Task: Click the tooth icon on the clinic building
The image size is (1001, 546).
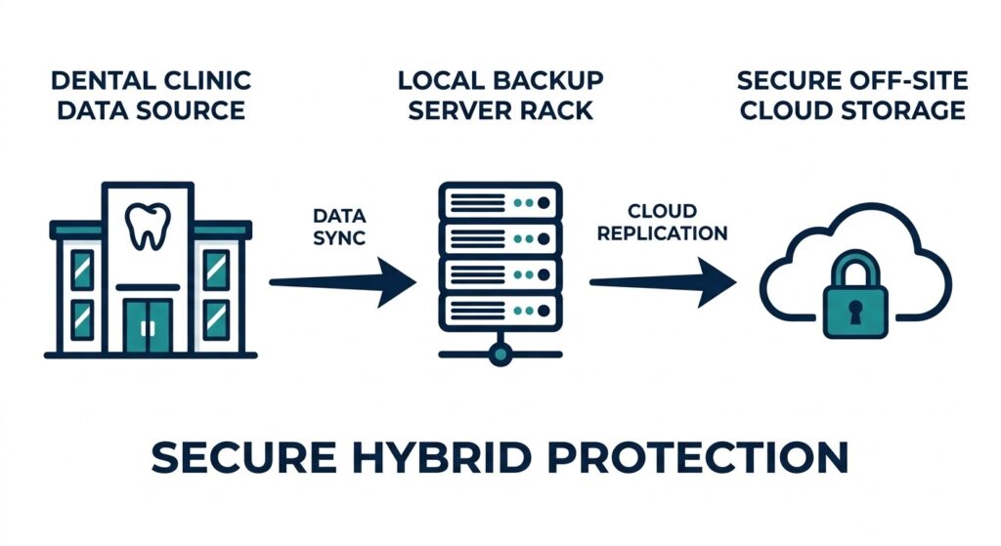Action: click(x=148, y=227)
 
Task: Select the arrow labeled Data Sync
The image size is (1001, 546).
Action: click(x=342, y=283)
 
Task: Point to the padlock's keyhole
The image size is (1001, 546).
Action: click(x=855, y=312)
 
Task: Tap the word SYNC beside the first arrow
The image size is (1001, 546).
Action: click(x=339, y=237)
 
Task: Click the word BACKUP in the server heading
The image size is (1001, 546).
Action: click(x=542, y=79)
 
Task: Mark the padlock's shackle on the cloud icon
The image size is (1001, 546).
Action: click(x=855, y=270)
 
